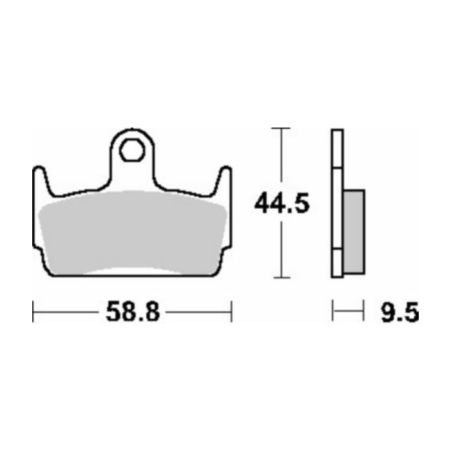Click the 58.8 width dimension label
coord(133,312)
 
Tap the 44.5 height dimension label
coord(282,203)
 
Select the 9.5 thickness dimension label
coord(400,312)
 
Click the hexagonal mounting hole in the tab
coord(132,150)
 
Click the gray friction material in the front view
coord(132,233)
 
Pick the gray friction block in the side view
coord(354,231)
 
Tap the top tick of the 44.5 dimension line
coord(281,128)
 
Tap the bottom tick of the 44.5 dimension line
coord(282,278)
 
